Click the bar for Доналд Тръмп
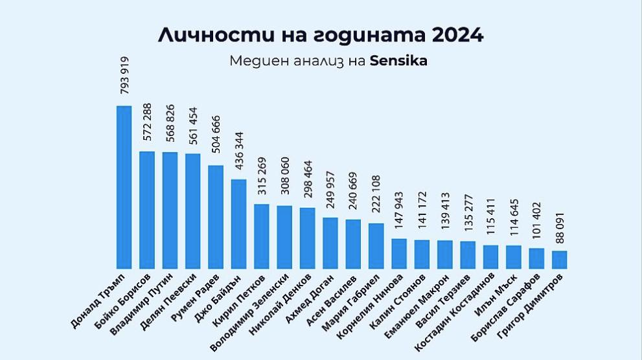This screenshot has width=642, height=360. [x=124, y=186]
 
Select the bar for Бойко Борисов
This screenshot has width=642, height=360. [x=147, y=209]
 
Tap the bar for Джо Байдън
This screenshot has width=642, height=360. [x=238, y=223]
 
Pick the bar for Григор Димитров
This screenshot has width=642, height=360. [x=559, y=259]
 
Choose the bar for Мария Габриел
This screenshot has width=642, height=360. [x=376, y=245]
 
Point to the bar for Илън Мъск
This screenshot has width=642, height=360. [x=513, y=256]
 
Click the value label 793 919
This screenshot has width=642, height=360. [x=124, y=75]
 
